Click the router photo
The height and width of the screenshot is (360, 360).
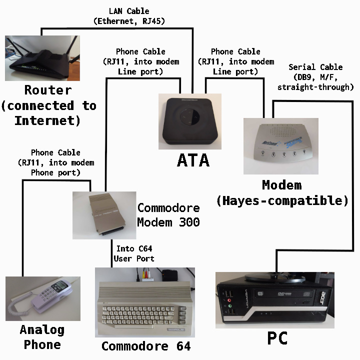[42, 57]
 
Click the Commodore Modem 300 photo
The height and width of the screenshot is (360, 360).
[104, 215]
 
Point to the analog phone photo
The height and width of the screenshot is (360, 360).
[42, 298]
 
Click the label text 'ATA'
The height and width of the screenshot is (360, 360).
[193, 160]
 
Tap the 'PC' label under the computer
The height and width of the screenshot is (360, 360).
[277, 338]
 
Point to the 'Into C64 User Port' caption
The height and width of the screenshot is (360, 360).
[133, 253]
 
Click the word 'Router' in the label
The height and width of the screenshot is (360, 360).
[48, 90]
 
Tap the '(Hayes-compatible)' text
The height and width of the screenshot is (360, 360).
[282, 201]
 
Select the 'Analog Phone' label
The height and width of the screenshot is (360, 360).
[42, 337]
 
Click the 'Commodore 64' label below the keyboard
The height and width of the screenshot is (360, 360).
[146, 346]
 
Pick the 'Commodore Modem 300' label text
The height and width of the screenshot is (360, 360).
[168, 215]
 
